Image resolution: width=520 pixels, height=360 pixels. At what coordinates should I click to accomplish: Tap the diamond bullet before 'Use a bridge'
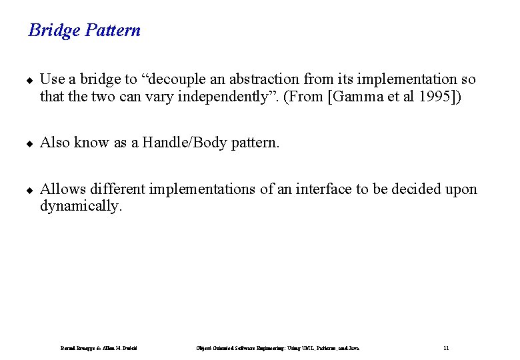pyautogui.click(x=29, y=80)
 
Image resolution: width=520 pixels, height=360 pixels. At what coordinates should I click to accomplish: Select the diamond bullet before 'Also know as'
pyautogui.click(x=29, y=143)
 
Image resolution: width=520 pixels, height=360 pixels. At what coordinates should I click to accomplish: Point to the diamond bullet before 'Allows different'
pyautogui.click(x=29, y=190)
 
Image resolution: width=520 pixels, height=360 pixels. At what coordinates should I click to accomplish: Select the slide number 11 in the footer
pyautogui.click(x=446, y=348)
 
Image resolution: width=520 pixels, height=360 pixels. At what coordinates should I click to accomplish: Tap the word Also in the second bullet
pyautogui.click(x=55, y=143)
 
